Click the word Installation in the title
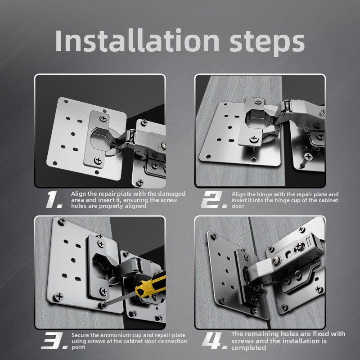tap(137, 40)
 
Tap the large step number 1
tap(54, 199)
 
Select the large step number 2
tap(214, 199)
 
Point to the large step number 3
tap(54, 341)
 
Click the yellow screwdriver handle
tap(150, 285)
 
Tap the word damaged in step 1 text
tap(171, 194)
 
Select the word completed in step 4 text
tap(249, 348)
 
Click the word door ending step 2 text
tap(238, 206)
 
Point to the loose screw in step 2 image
tap(306, 160)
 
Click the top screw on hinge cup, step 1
tap(103, 118)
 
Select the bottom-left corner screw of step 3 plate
tap(58, 297)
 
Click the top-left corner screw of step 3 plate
tap(62, 221)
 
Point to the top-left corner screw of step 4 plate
tap(214, 235)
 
